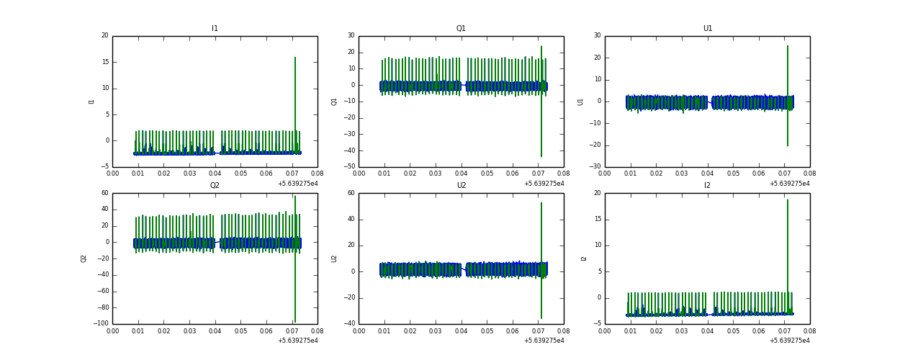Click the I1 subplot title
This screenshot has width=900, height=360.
[215, 29]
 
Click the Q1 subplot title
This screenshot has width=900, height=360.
[461, 29]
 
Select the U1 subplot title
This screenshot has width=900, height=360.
[707, 29]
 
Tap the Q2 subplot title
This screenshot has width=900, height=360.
[215, 186]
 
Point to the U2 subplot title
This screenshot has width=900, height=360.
[461, 186]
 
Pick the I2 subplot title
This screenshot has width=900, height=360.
[707, 186]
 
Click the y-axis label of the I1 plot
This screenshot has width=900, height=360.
[91, 102]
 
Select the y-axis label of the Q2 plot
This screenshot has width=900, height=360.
[84, 258]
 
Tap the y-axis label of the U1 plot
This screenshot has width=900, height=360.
[580, 102]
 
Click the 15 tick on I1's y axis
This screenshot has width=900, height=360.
[104, 62]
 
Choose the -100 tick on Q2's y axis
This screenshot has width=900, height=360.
[99, 324]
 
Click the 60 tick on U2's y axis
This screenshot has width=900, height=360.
[351, 193]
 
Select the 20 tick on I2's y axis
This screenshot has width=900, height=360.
[597, 193]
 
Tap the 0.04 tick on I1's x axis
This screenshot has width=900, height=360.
[215, 174]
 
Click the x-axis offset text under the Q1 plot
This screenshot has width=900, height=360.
[544, 184]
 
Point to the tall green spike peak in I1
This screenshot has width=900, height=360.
[295, 58]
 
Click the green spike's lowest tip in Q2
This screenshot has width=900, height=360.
[295, 321]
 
